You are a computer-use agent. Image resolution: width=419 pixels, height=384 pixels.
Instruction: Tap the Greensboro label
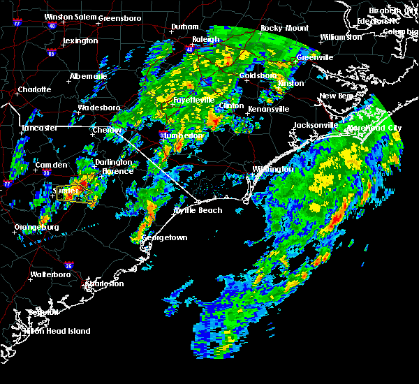pyautogui.click(x=120, y=17)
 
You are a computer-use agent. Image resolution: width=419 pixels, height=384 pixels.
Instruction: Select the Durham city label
pyautogui.click(x=185, y=27)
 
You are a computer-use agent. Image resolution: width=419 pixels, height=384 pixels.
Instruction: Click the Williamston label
pyautogui.click(x=341, y=36)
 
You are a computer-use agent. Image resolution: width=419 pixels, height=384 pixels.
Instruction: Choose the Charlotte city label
pyautogui.click(x=35, y=89)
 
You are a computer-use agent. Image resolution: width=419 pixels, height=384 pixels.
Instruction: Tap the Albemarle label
pyautogui.click(x=88, y=76)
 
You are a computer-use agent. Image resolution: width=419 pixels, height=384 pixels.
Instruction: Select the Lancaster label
pyautogui.click(x=40, y=128)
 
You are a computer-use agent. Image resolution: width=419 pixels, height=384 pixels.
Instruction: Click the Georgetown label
pyautogui.click(x=165, y=237)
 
